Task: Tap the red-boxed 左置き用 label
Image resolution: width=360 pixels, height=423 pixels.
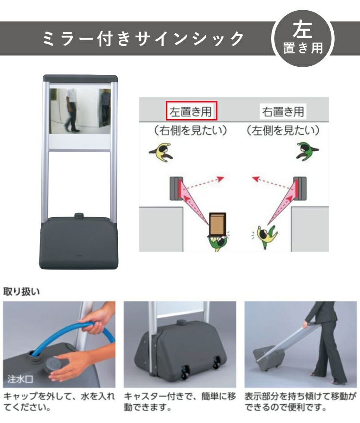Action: click(x=191, y=111)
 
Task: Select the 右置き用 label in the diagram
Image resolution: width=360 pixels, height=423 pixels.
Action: click(x=283, y=111)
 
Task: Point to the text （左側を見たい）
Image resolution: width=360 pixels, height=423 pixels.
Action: click(x=283, y=131)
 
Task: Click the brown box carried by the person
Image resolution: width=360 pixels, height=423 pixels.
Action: click(x=217, y=224)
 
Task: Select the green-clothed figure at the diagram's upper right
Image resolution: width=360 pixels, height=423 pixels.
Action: click(x=307, y=152)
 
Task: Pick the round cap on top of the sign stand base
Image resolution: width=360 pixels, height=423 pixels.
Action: click(x=79, y=215)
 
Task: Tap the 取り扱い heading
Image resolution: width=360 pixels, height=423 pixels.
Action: click(x=21, y=291)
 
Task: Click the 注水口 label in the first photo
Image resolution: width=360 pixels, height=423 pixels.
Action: click(x=20, y=379)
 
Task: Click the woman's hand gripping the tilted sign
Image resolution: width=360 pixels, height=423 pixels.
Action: click(x=306, y=323)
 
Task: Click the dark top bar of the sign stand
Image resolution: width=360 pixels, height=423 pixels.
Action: click(x=80, y=79)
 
